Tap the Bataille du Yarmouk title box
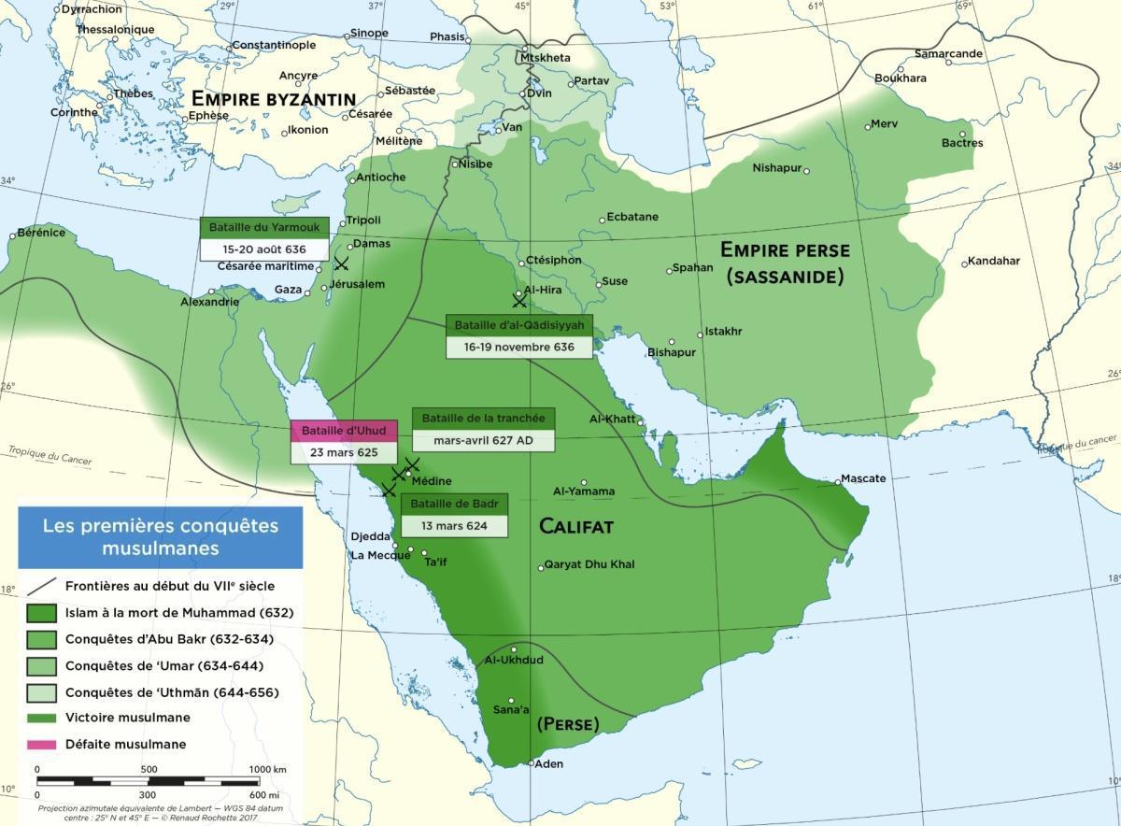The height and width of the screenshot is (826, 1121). (x=264, y=227)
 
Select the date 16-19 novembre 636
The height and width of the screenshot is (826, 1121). (x=519, y=346)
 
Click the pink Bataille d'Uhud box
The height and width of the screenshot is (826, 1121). (x=343, y=431)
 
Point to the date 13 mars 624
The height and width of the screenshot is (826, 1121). (x=454, y=525)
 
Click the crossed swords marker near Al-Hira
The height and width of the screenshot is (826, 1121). (x=519, y=300)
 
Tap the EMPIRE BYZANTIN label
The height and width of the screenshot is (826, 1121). (x=273, y=99)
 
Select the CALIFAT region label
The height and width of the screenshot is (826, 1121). (x=576, y=527)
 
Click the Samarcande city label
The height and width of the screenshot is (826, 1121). (x=948, y=53)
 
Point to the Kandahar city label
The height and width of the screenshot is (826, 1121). (x=993, y=261)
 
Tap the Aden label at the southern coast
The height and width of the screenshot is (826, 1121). (x=548, y=764)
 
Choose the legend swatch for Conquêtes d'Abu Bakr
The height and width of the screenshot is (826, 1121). (x=39, y=639)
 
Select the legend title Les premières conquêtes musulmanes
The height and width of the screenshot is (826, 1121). (x=161, y=536)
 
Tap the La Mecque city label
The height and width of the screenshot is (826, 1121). (x=376, y=555)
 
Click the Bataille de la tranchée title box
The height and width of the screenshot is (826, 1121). (x=483, y=418)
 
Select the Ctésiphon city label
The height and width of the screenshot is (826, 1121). (x=553, y=260)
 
